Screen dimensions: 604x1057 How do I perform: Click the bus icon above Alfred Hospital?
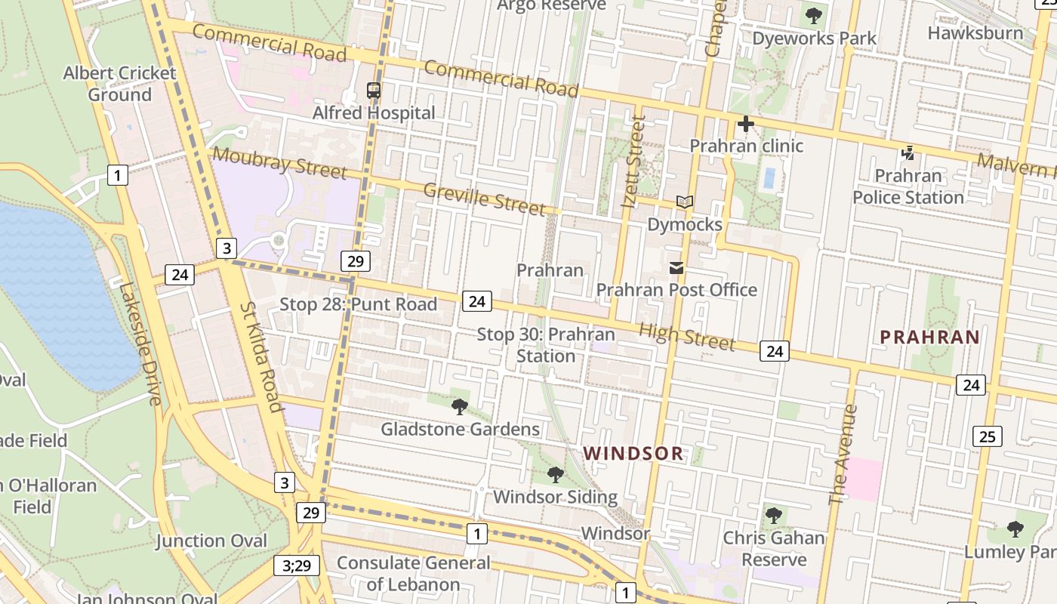(x=374, y=91)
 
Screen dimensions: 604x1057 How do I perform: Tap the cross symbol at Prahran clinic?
(x=746, y=124)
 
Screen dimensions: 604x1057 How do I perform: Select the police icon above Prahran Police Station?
(x=908, y=153)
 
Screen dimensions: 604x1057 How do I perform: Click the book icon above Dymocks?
(x=685, y=202)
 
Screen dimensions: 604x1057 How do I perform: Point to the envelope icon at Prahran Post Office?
(x=676, y=268)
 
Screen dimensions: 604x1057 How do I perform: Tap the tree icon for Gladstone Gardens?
(x=459, y=408)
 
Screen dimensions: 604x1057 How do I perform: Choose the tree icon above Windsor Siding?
(x=556, y=475)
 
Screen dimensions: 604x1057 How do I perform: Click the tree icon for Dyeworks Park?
(x=814, y=16)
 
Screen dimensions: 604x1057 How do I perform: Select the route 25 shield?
(x=988, y=436)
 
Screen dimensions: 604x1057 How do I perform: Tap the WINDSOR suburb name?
(x=633, y=454)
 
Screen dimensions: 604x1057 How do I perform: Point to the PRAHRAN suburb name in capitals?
(x=929, y=337)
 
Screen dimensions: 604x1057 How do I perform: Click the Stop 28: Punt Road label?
(x=358, y=304)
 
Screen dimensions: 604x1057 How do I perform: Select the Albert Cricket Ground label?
(x=119, y=84)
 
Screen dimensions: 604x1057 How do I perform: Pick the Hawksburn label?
(x=975, y=33)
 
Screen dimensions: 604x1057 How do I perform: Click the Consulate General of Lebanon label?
(x=413, y=574)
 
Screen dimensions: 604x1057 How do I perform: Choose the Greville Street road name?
(x=484, y=199)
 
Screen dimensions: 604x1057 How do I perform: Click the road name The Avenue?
(x=843, y=455)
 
